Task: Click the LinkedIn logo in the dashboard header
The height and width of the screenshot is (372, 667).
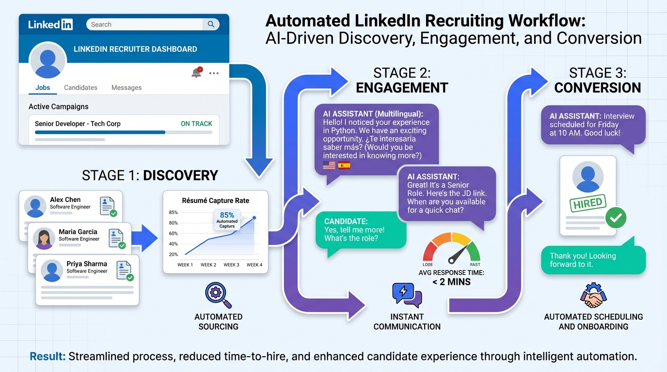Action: tap(50, 24)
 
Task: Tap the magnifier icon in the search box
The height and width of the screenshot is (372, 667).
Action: tap(211, 24)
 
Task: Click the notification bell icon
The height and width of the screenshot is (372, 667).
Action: tap(196, 73)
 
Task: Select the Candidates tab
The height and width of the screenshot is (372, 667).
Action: tap(80, 88)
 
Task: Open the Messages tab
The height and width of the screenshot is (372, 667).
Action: tap(127, 88)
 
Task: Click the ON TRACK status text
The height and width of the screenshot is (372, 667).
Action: tap(196, 124)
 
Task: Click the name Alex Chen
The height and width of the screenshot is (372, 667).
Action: tap(65, 200)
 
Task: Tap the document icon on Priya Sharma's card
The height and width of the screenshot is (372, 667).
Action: tap(124, 270)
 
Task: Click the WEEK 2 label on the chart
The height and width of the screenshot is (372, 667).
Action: tap(208, 265)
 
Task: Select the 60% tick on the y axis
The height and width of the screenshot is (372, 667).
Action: tap(173, 233)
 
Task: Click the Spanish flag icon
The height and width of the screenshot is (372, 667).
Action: tap(344, 166)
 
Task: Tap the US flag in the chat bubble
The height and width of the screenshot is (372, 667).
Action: tap(329, 166)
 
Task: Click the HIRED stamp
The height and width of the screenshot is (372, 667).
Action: tap(588, 203)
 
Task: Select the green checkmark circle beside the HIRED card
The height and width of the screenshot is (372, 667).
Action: tap(616, 218)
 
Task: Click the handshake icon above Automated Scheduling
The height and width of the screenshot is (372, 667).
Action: tap(593, 296)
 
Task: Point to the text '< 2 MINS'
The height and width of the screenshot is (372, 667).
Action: tap(451, 282)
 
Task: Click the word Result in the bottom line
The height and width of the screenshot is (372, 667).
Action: tap(48, 357)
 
